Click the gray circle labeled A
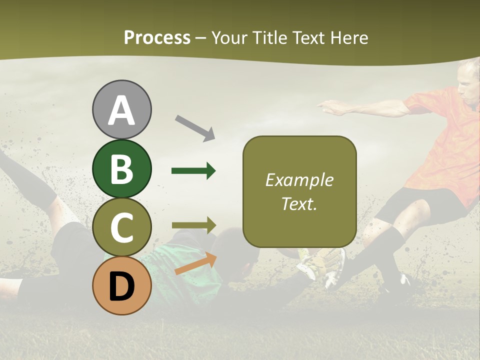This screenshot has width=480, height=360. click(121, 109)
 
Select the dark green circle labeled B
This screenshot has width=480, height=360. click(121, 168)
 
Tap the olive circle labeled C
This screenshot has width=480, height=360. click(121, 227)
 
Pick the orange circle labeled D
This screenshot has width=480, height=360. click(121, 285)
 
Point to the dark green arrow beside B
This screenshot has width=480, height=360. click(193, 171)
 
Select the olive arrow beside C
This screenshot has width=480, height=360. click(193, 225)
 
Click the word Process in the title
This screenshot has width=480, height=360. click(157, 37)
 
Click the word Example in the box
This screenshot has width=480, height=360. click(299, 180)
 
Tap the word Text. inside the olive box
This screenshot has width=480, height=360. click(299, 203)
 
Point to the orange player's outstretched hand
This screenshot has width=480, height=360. click(327, 105)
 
